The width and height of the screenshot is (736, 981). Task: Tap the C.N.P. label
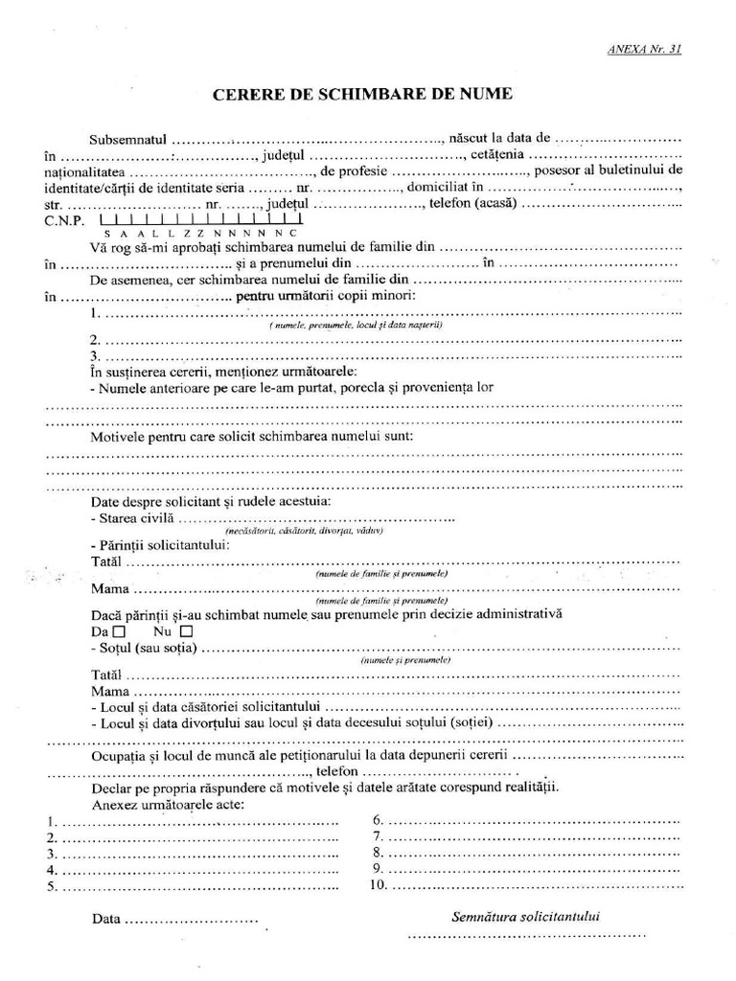point(63,220)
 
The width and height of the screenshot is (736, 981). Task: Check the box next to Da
point(119,632)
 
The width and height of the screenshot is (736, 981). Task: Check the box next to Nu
point(186,632)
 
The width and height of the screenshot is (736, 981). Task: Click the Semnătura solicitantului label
point(525,916)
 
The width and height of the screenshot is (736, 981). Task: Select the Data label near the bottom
point(106,919)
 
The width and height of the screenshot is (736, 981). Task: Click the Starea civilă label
point(133,517)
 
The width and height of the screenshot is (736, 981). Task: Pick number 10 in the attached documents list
point(378,885)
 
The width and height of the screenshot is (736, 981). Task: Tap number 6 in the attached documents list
point(378,821)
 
